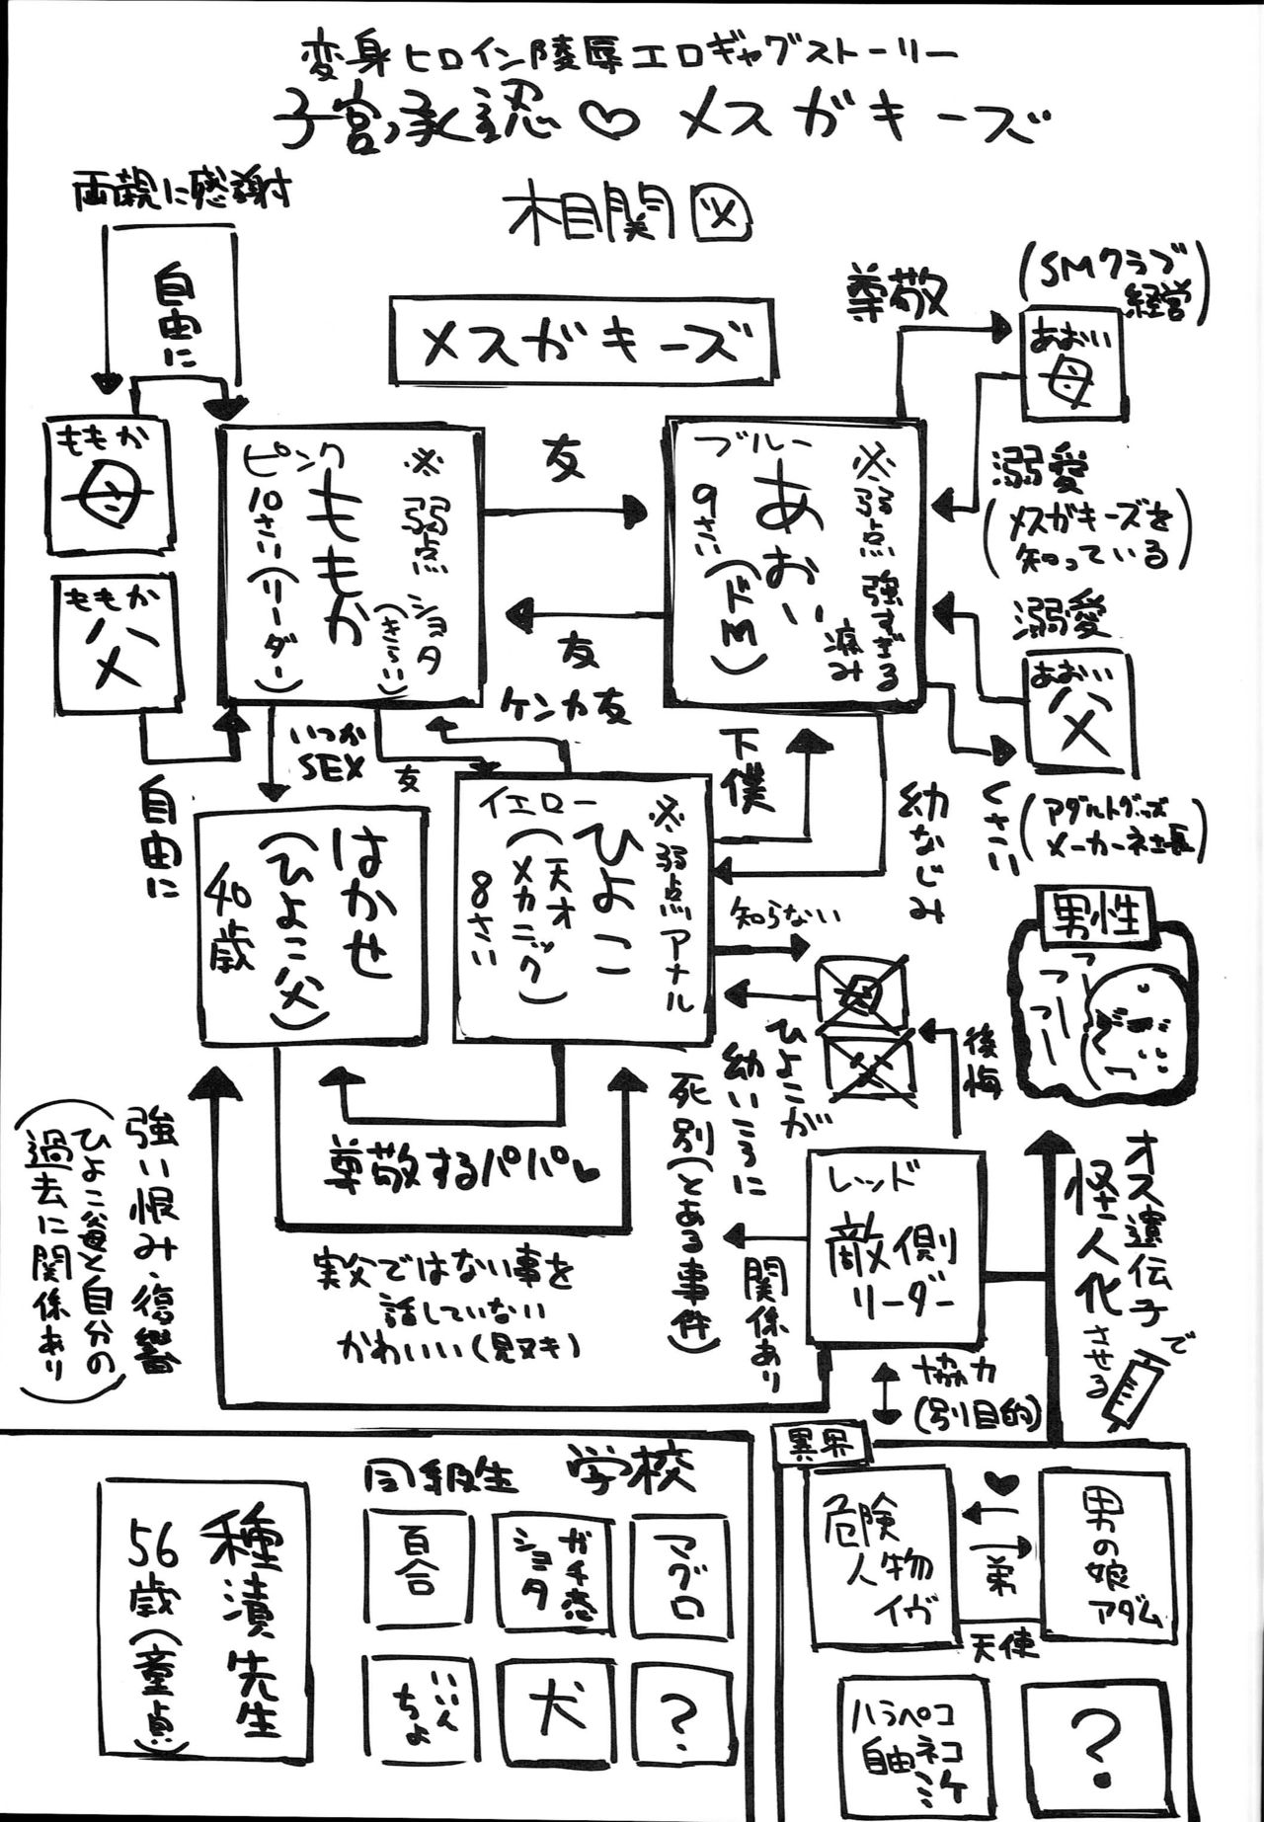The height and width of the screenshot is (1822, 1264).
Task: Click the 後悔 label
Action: pos(982,1062)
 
